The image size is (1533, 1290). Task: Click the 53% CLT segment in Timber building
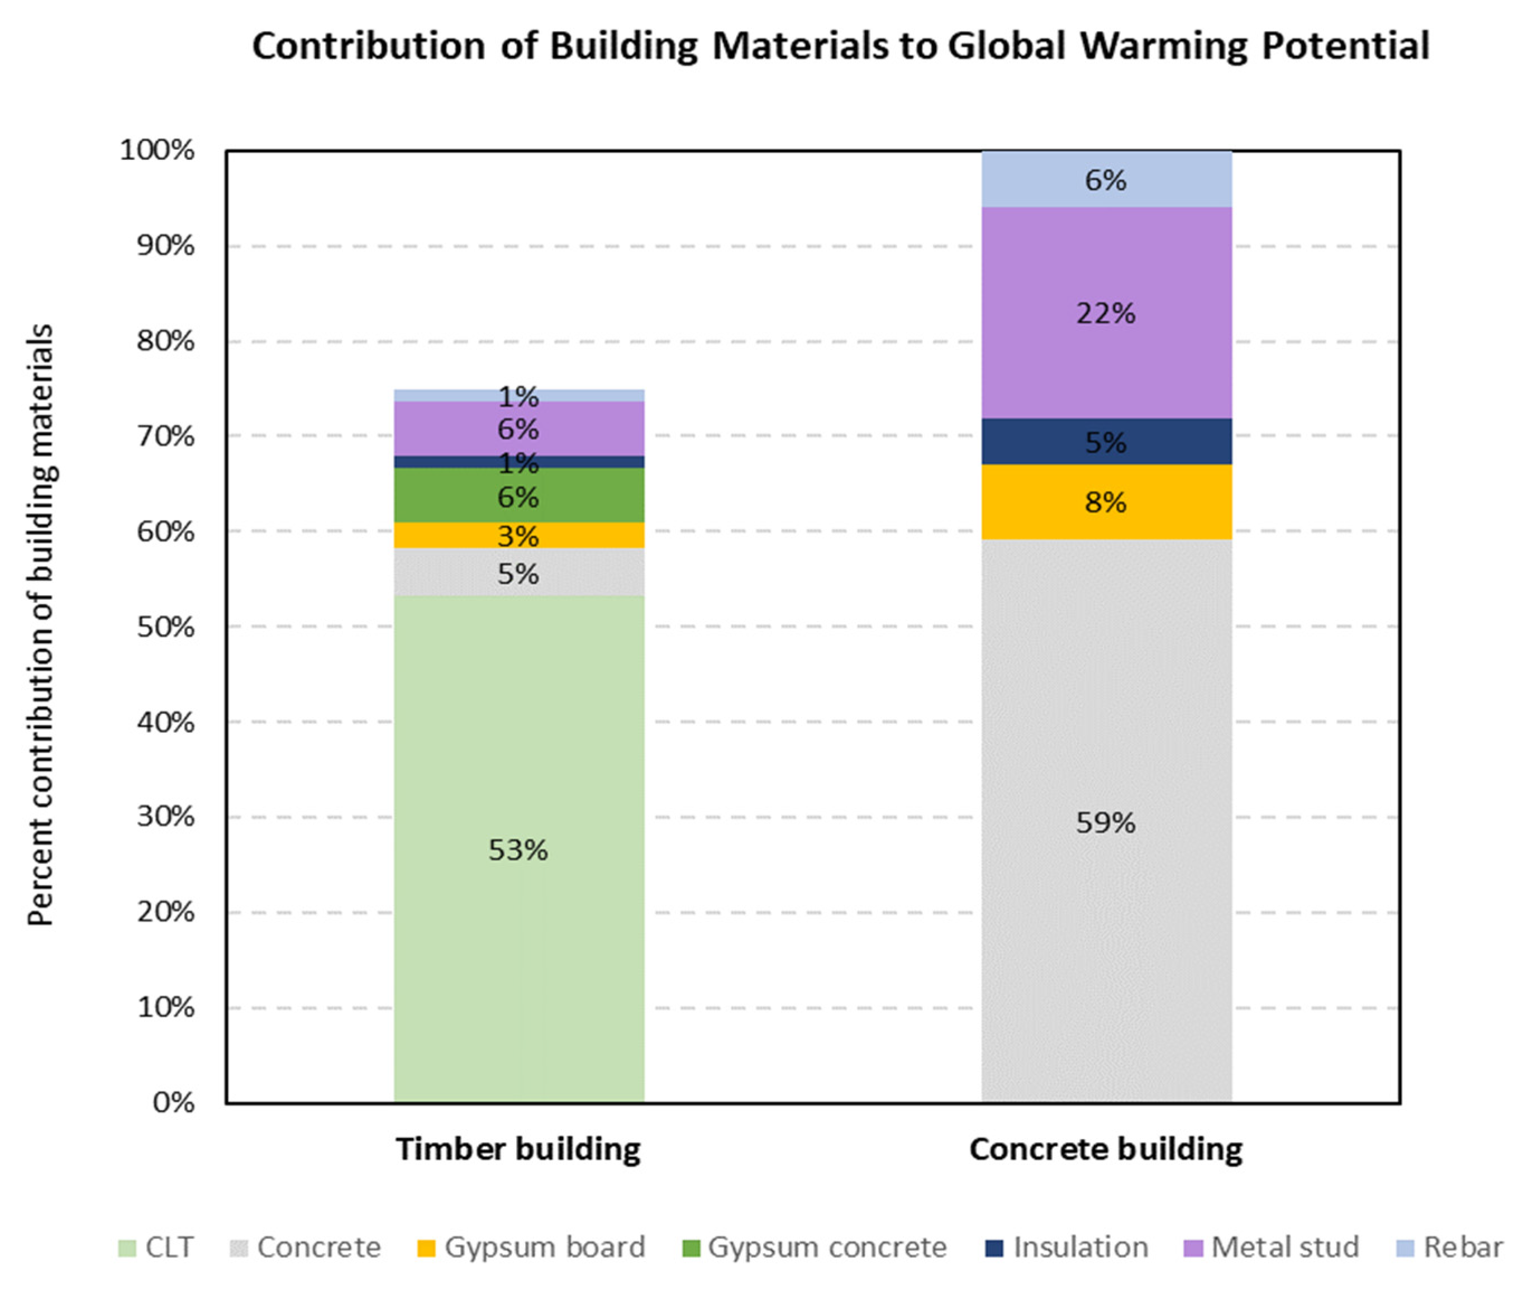[518, 848]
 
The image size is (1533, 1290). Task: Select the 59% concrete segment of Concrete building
[1106, 822]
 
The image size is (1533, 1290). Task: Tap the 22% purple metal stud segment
[1106, 313]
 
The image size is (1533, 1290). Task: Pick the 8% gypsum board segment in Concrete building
[1106, 502]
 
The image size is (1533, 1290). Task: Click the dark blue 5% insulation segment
[1106, 442]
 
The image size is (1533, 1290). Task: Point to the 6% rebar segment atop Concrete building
[1106, 179]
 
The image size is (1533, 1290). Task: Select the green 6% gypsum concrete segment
[518, 496]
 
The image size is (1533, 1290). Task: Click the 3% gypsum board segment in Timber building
[518, 536]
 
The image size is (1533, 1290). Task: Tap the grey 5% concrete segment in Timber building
[518, 572]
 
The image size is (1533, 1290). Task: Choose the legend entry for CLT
[156, 1247]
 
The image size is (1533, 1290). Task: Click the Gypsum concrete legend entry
[815, 1247]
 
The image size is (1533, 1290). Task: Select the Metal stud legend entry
[1272, 1247]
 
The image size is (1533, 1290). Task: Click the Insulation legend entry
[1067, 1247]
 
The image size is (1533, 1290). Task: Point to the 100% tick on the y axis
[157, 151]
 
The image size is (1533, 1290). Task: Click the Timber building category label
[518, 1149]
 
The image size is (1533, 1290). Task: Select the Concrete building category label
[1106, 1149]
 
